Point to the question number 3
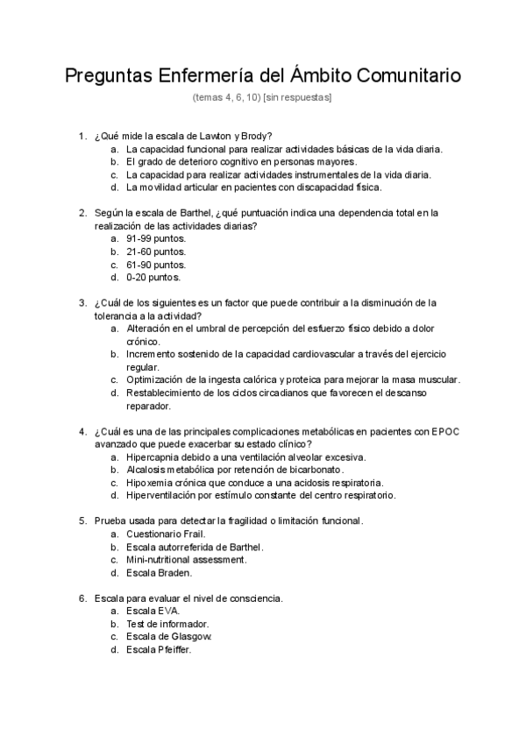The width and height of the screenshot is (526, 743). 82,302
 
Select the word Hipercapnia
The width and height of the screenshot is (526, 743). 155,456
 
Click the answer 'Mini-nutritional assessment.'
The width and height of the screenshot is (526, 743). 187,560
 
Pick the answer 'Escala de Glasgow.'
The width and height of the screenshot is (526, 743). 169,636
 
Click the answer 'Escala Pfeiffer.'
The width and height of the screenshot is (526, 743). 159,649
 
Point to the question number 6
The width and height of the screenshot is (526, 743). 82,598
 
